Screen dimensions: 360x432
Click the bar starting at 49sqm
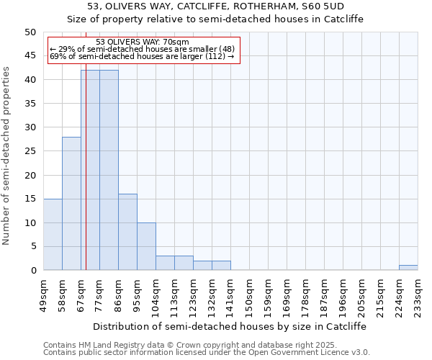pos(53,234)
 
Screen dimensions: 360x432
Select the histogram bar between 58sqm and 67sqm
pos(71,203)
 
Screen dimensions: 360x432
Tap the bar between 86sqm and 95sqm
pos(127,232)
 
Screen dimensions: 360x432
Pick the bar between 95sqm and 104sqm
pos(146,246)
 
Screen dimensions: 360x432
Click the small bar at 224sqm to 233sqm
pos(408,268)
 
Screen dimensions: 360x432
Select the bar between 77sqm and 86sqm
pos(109,170)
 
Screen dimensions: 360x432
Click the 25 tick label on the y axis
pos(30,151)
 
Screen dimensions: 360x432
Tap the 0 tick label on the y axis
pos(33,271)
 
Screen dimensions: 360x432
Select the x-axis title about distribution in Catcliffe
pos(230,326)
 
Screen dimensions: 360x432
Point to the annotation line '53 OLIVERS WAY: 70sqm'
pos(142,42)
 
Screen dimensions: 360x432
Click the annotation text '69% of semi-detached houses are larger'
pos(142,56)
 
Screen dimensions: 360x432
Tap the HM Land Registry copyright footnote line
pos(206,345)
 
